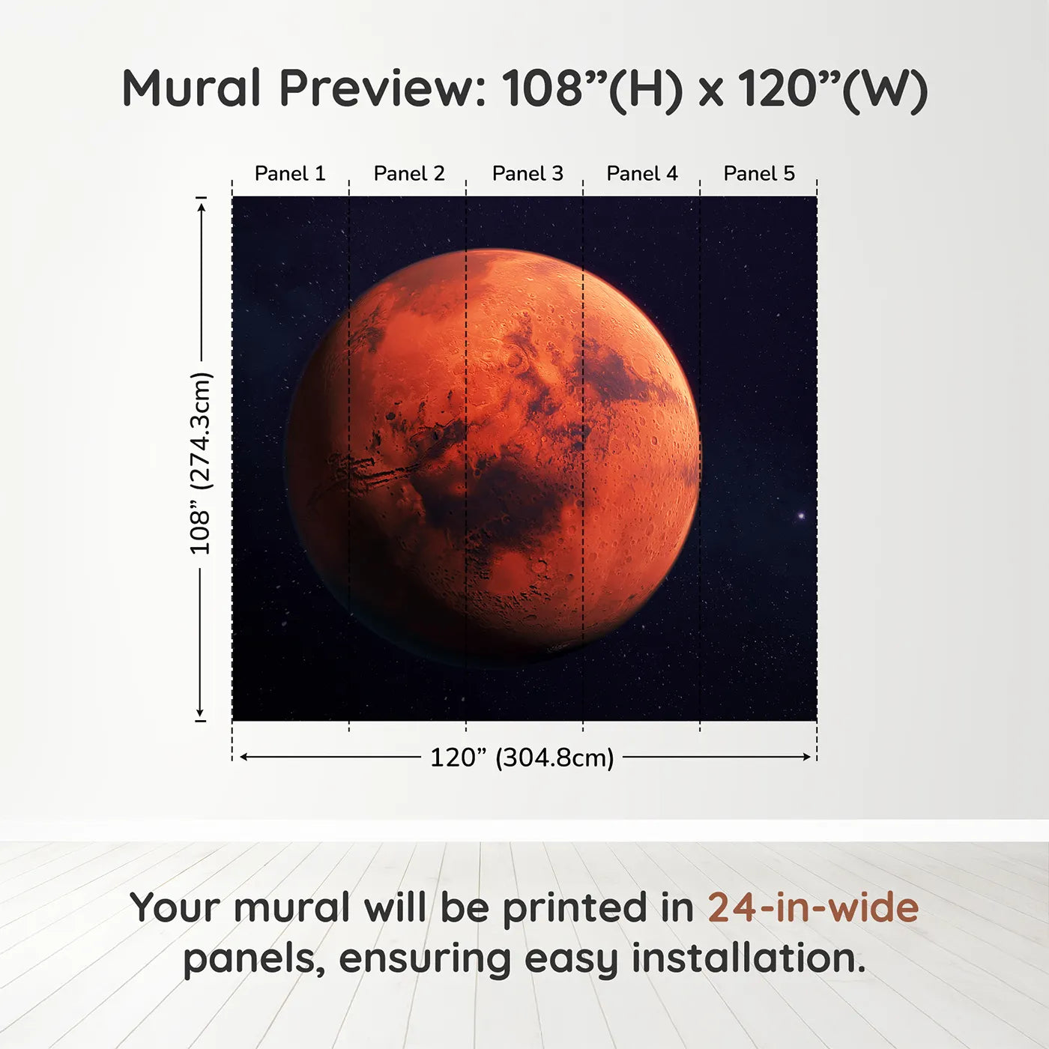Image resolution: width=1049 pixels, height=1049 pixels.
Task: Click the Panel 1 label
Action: (290, 174)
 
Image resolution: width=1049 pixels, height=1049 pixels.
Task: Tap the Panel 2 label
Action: (409, 174)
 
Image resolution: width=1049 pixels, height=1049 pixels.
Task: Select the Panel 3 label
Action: (527, 174)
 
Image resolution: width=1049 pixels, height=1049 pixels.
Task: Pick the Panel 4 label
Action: (642, 174)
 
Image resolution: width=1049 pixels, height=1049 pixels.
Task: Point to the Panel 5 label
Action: (759, 174)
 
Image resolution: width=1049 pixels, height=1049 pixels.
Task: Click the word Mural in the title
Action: (191, 88)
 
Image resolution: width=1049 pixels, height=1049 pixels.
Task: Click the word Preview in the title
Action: (383, 88)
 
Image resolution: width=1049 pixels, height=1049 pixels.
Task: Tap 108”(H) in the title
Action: (592, 88)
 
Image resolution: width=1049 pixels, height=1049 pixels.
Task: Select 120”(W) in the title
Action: (832, 88)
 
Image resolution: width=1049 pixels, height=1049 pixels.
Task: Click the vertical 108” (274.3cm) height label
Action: (201, 463)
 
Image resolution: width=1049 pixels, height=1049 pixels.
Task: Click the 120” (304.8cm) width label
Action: (522, 758)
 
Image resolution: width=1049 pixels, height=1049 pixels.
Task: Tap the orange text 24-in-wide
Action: (813, 907)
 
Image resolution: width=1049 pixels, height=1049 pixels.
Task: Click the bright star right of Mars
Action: (801, 516)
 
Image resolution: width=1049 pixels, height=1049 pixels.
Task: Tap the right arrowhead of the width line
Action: (807, 757)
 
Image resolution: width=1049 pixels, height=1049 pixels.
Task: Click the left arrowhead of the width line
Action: (244, 757)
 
